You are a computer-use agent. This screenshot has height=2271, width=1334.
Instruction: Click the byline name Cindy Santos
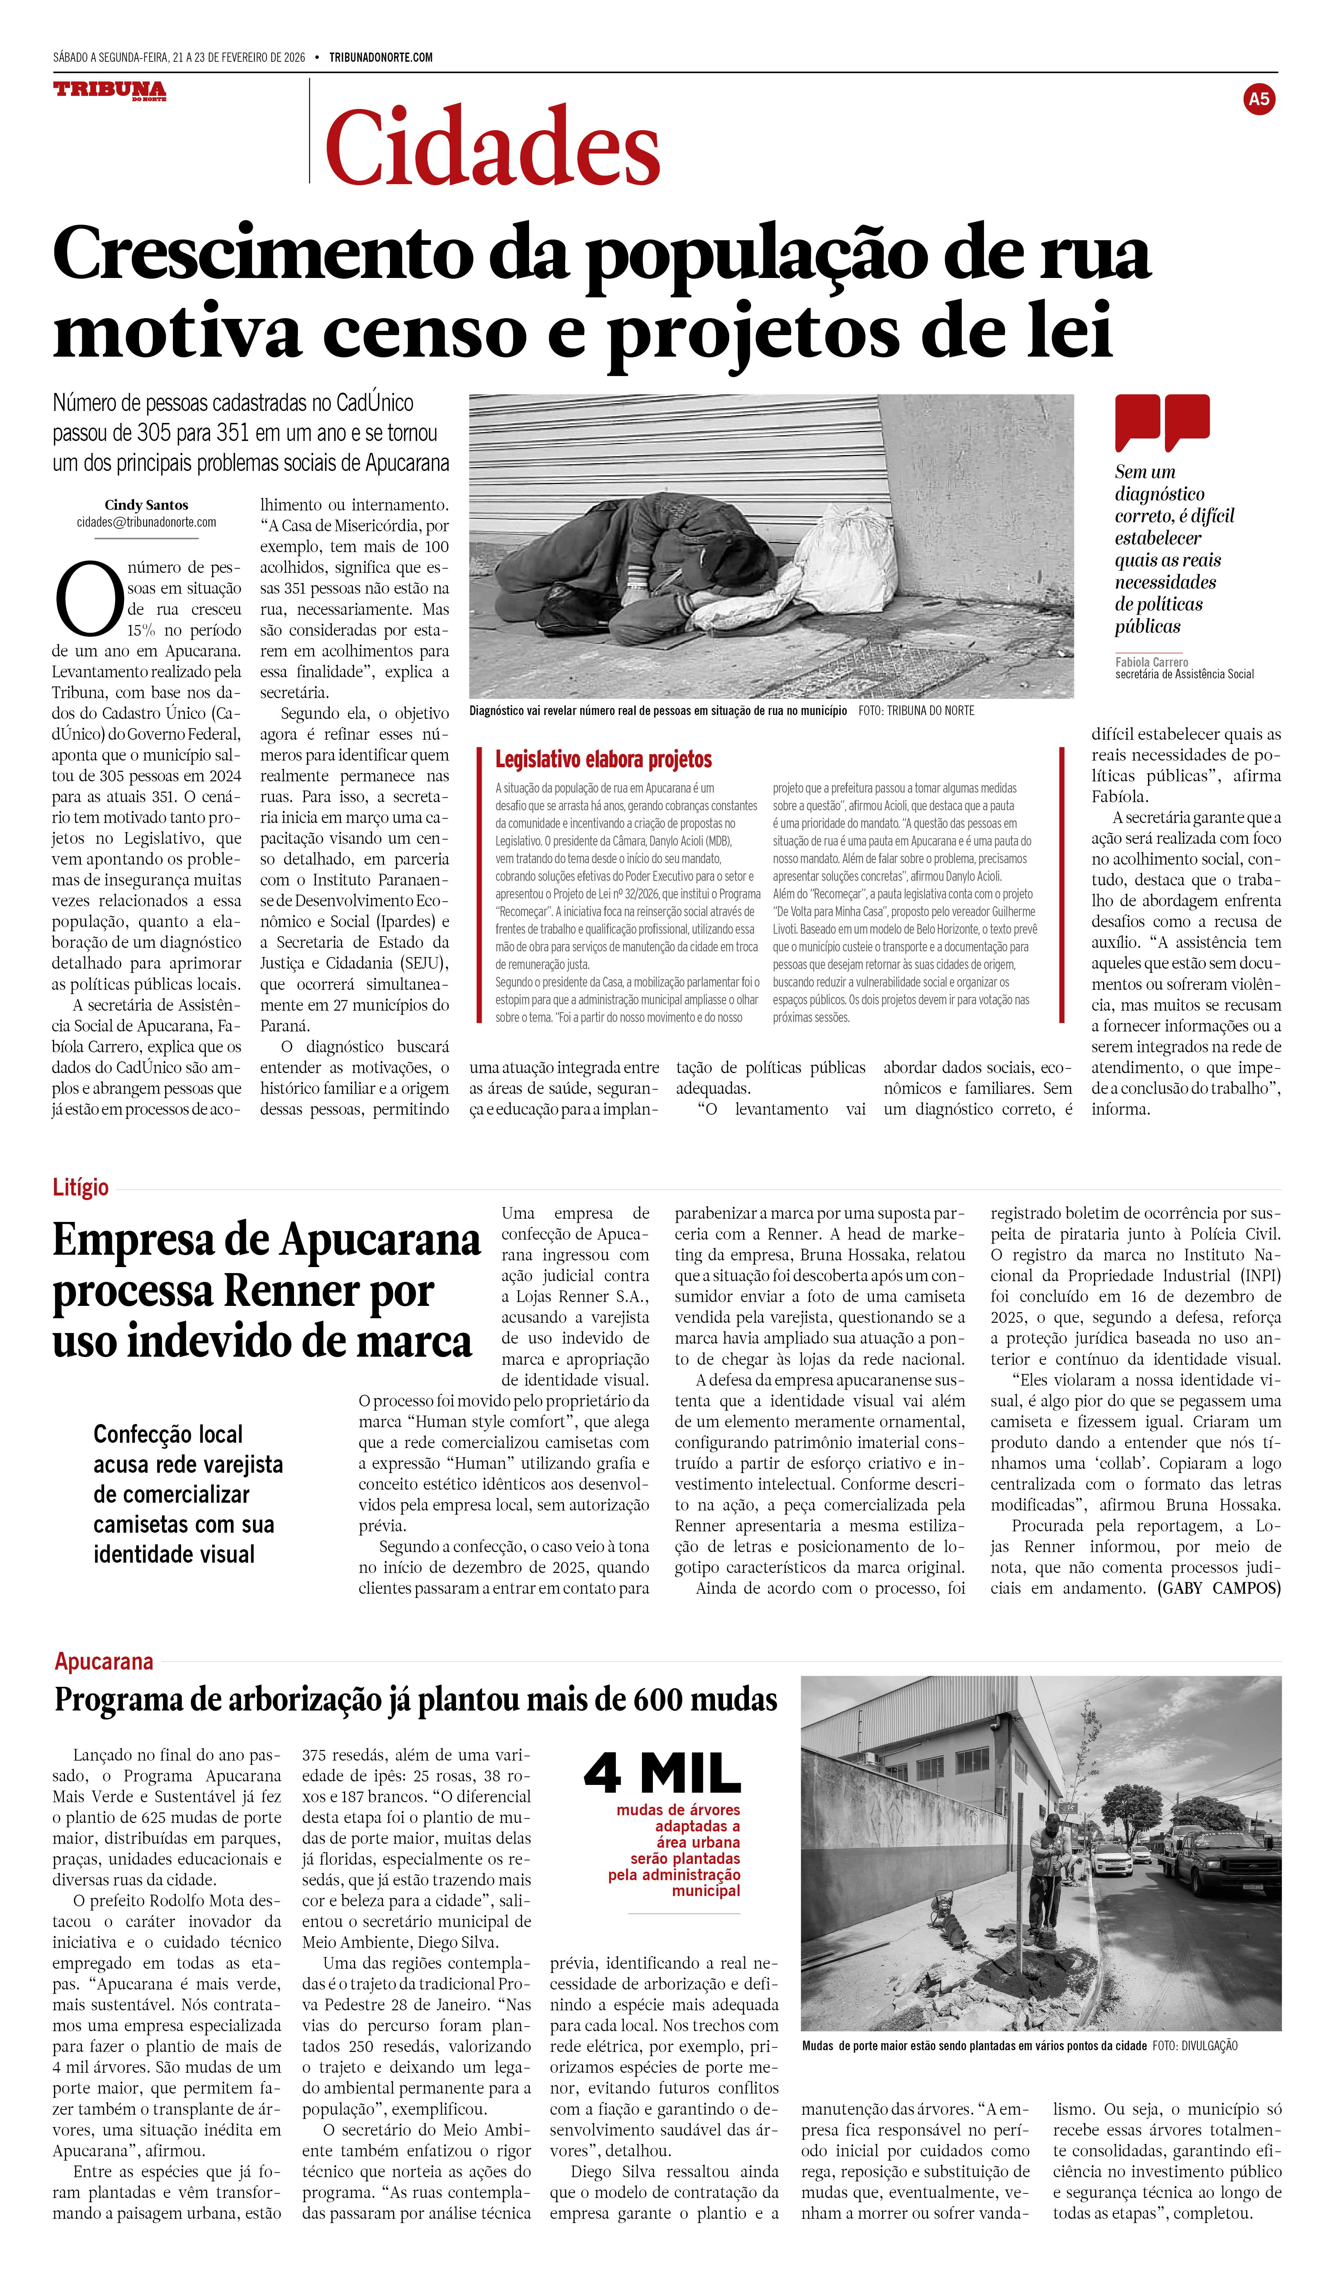[x=146, y=505]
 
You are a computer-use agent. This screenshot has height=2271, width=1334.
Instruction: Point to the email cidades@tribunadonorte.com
[x=146, y=522]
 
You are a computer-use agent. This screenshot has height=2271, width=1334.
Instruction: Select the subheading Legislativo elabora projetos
[x=603, y=760]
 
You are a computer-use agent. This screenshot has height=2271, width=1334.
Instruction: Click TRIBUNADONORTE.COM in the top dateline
[x=380, y=58]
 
